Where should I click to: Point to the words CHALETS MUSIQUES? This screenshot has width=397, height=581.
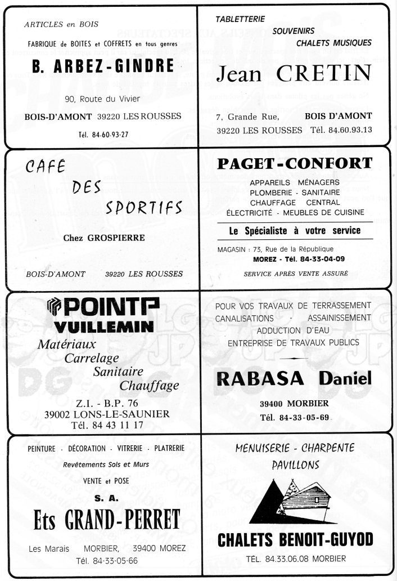(333, 43)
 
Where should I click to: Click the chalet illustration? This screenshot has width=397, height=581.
(297, 490)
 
